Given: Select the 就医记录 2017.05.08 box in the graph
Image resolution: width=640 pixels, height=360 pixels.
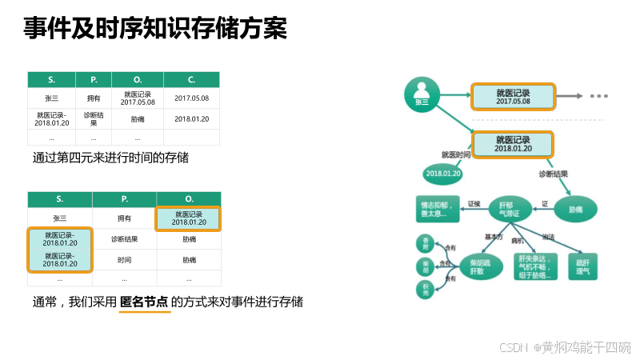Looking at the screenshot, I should (x=513, y=97).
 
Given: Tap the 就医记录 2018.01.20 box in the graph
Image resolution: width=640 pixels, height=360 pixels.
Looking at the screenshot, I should (x=513, y=144).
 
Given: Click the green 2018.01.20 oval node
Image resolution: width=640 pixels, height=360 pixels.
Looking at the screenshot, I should (x=442, y=173).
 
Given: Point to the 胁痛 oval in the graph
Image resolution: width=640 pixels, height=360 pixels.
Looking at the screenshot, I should (x=576, y=209).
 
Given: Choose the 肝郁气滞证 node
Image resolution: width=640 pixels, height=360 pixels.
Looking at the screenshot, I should (x=510, y=209).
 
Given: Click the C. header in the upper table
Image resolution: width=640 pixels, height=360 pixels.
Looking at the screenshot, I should (x=191, y=79).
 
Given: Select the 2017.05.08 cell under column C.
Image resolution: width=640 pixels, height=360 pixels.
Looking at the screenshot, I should (x=191, y=98).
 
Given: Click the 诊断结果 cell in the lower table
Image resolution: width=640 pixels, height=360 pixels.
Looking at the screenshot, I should (x=124, y=238).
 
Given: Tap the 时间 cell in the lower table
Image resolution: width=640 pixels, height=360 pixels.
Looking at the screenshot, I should (x=124, y=260).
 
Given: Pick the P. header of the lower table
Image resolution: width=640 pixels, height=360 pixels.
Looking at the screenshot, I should (x=124, y=198).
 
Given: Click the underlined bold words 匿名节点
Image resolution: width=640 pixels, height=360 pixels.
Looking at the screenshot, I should (x=145, y=302).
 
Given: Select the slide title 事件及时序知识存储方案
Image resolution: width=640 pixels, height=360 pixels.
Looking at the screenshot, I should (x=154, y=30).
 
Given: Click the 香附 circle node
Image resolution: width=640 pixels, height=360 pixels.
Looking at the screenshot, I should (x=426, y=242).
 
